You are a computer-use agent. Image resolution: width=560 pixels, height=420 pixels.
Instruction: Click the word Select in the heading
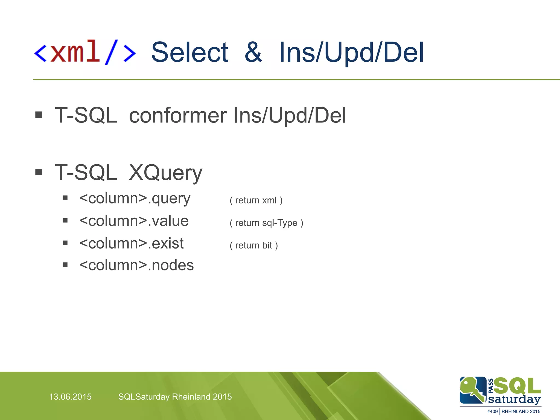point(190,52)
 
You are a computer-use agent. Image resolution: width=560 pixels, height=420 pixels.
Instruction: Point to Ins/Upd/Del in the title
point(351,52)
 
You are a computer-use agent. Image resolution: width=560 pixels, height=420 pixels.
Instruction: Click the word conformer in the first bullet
point(178,115)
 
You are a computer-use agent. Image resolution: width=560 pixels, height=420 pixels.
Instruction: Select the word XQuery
point(165,173)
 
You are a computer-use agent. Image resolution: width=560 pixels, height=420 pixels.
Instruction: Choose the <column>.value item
point(134,221)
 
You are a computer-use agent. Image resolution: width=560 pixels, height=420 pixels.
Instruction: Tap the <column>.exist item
point(131,243)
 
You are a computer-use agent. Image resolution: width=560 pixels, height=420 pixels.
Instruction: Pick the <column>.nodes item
point(136,265)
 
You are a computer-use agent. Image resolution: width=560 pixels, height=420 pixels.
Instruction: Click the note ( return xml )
point(256,200)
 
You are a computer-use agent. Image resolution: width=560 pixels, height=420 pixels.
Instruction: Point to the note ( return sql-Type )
point(266,223)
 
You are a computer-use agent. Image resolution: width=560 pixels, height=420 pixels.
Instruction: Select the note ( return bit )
point(253,245)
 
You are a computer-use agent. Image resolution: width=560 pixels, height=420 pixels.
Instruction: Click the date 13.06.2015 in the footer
point(70,397)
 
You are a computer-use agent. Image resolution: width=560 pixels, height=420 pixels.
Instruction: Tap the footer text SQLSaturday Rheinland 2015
point(175,397)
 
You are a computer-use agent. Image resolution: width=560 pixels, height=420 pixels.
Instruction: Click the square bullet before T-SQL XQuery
point(39,172)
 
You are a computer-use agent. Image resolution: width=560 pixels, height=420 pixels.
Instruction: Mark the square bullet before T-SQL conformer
point(39,115)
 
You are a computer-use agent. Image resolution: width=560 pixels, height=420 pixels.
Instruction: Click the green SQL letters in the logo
point(517,386)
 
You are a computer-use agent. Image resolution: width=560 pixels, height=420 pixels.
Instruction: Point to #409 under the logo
point(492,412)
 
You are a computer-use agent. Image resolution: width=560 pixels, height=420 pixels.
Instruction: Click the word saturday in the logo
point(514,399)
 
